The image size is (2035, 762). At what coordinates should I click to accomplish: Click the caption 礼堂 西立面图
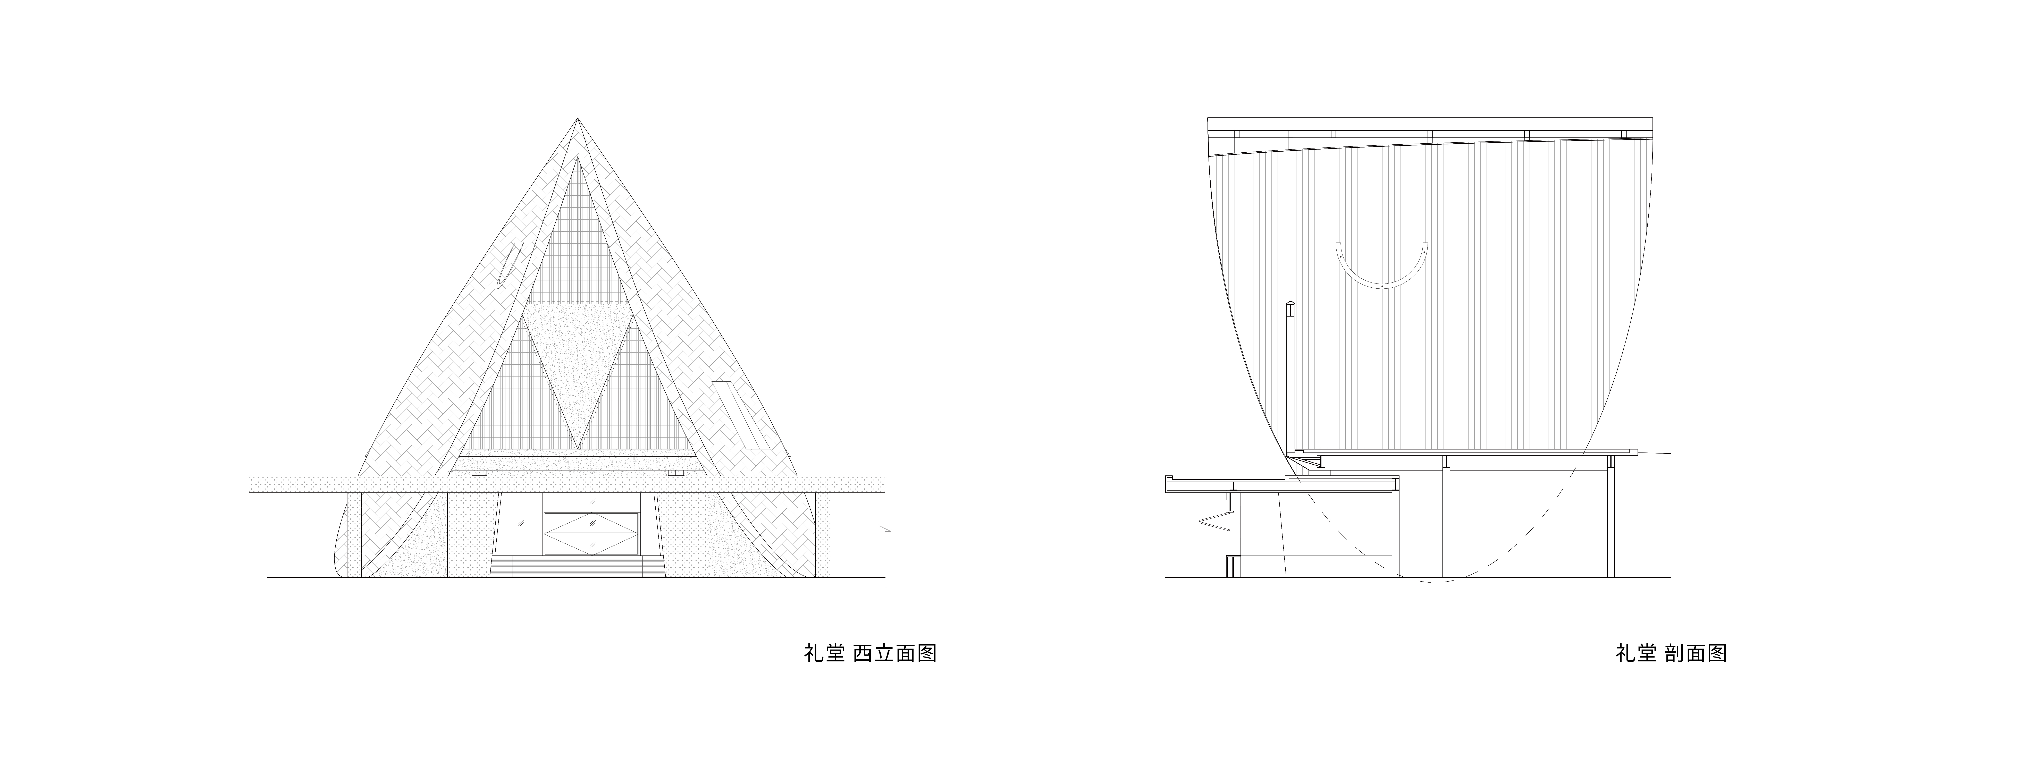pos(870,655)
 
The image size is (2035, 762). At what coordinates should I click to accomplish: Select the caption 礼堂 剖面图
pos(1671,655)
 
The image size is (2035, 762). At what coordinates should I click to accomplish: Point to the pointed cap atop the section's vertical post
pos(1290,307)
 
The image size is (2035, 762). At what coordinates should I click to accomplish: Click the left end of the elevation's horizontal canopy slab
pos(250,484)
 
